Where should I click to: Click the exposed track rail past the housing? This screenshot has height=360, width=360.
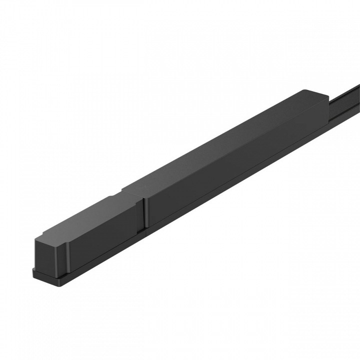coord(345,97)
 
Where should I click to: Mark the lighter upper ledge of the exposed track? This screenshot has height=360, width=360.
coord(345,92)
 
